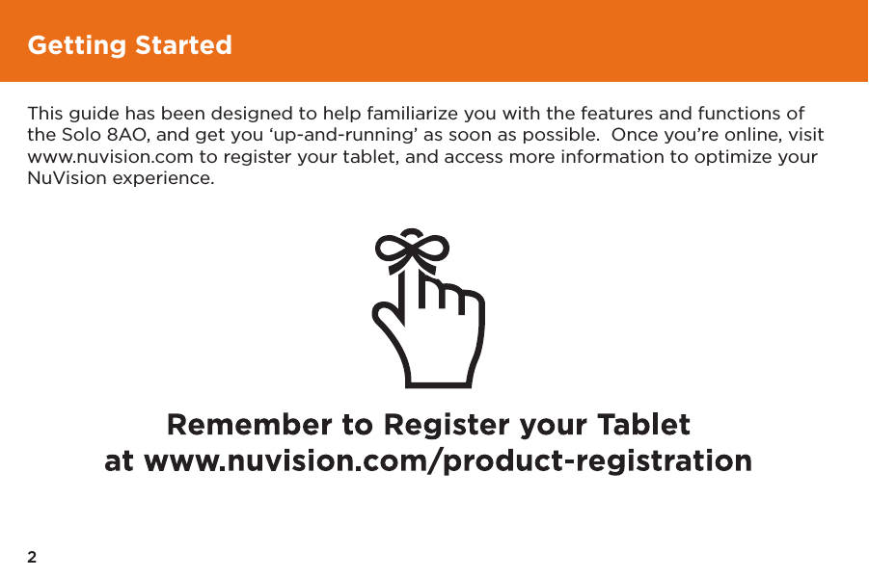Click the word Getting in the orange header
(x=77, y=45)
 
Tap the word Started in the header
(x=183, y=45)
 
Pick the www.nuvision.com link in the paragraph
(x=110, y=157)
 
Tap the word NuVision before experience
(x=68, y=178)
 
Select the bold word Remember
(x=250, y=425)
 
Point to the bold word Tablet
(x=643, y=425)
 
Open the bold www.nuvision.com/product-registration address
(x=448, y=461)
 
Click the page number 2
(x=32, y=557)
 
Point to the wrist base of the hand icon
(x=439, y=382)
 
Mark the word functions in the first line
(x=739, y=113)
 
